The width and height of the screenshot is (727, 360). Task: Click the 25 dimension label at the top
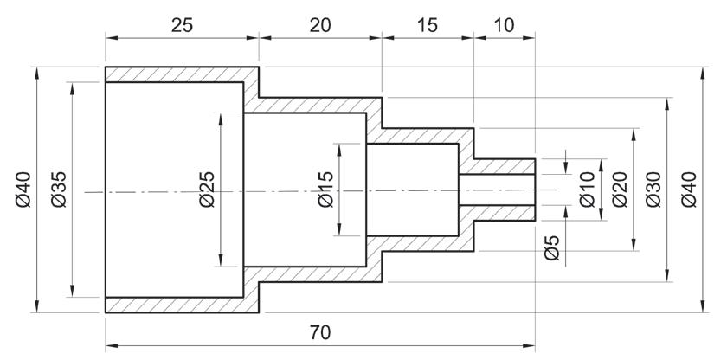(182, 25)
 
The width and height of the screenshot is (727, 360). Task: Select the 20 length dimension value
(319, 25)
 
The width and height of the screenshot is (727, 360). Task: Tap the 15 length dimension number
(427, 25)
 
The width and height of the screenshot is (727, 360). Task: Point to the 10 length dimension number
(504, 25)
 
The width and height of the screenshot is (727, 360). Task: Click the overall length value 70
(319, 333)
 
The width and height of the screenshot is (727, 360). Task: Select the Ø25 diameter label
(207, 190)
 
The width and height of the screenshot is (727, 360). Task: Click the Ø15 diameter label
(325, 190)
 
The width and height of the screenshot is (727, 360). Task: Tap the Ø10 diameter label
(587, 190)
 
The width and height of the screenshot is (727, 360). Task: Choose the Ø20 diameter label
(620, 190)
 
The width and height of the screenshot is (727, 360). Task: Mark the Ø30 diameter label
(653, 190)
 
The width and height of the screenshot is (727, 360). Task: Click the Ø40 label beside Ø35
(23, 190)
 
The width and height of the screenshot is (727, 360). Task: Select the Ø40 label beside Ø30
(688, 190)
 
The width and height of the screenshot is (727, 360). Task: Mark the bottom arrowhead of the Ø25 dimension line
(222, 262)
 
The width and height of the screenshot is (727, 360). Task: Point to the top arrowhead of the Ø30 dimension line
(667, 103)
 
